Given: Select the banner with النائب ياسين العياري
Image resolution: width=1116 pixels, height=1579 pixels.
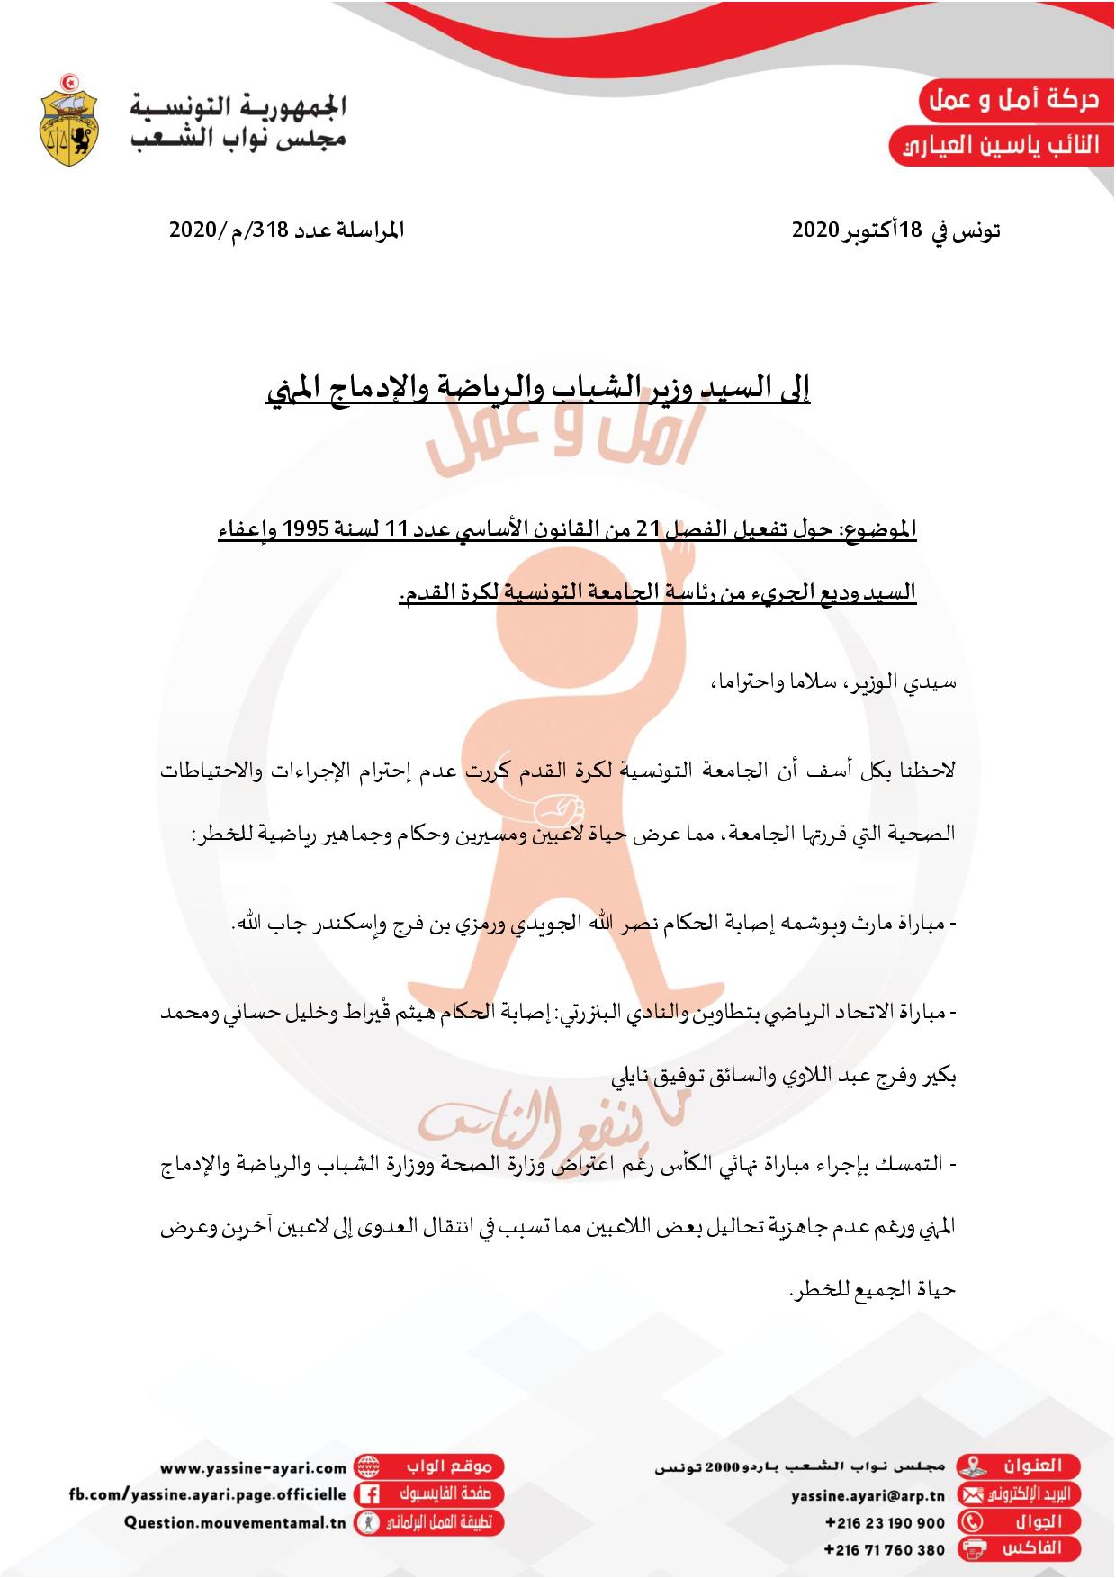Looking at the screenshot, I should [999, 146].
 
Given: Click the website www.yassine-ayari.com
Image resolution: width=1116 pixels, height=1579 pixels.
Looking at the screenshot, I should [256, 1468].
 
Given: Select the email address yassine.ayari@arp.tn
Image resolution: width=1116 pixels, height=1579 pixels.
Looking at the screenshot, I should [868, 1495].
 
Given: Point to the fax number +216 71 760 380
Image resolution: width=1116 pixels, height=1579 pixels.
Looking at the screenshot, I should [885, 1550].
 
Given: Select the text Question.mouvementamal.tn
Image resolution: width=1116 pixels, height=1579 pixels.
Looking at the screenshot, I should [235, 1523].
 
